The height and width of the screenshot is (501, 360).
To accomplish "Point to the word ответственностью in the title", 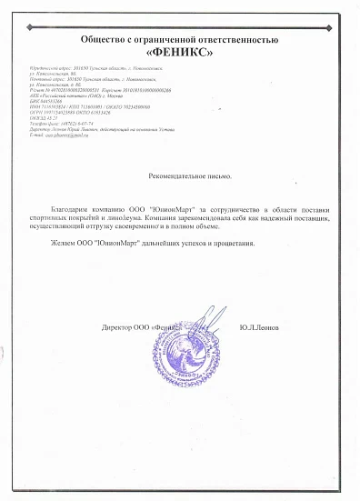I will (x=240, y=40).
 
